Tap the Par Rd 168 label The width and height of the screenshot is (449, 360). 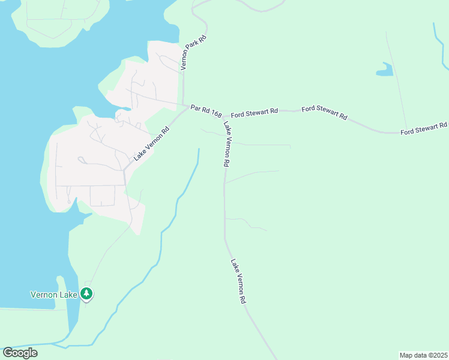coord(206,110)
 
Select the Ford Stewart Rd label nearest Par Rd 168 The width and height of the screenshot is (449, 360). coord(255,111)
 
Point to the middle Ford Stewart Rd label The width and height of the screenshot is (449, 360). coord(324,112)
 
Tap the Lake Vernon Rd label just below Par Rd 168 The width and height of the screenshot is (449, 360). coord(227,144)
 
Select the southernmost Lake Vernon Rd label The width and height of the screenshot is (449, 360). coord(238,281)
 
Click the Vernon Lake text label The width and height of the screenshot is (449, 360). coord(55,295)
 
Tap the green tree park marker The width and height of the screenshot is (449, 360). coord(88,293)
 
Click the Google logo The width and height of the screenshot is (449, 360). coord(20,352)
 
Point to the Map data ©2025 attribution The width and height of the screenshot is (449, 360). coord(423,355)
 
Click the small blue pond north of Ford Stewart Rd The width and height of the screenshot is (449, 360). coord(385,70)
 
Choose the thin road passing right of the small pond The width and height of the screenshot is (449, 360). coord(397,78)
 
